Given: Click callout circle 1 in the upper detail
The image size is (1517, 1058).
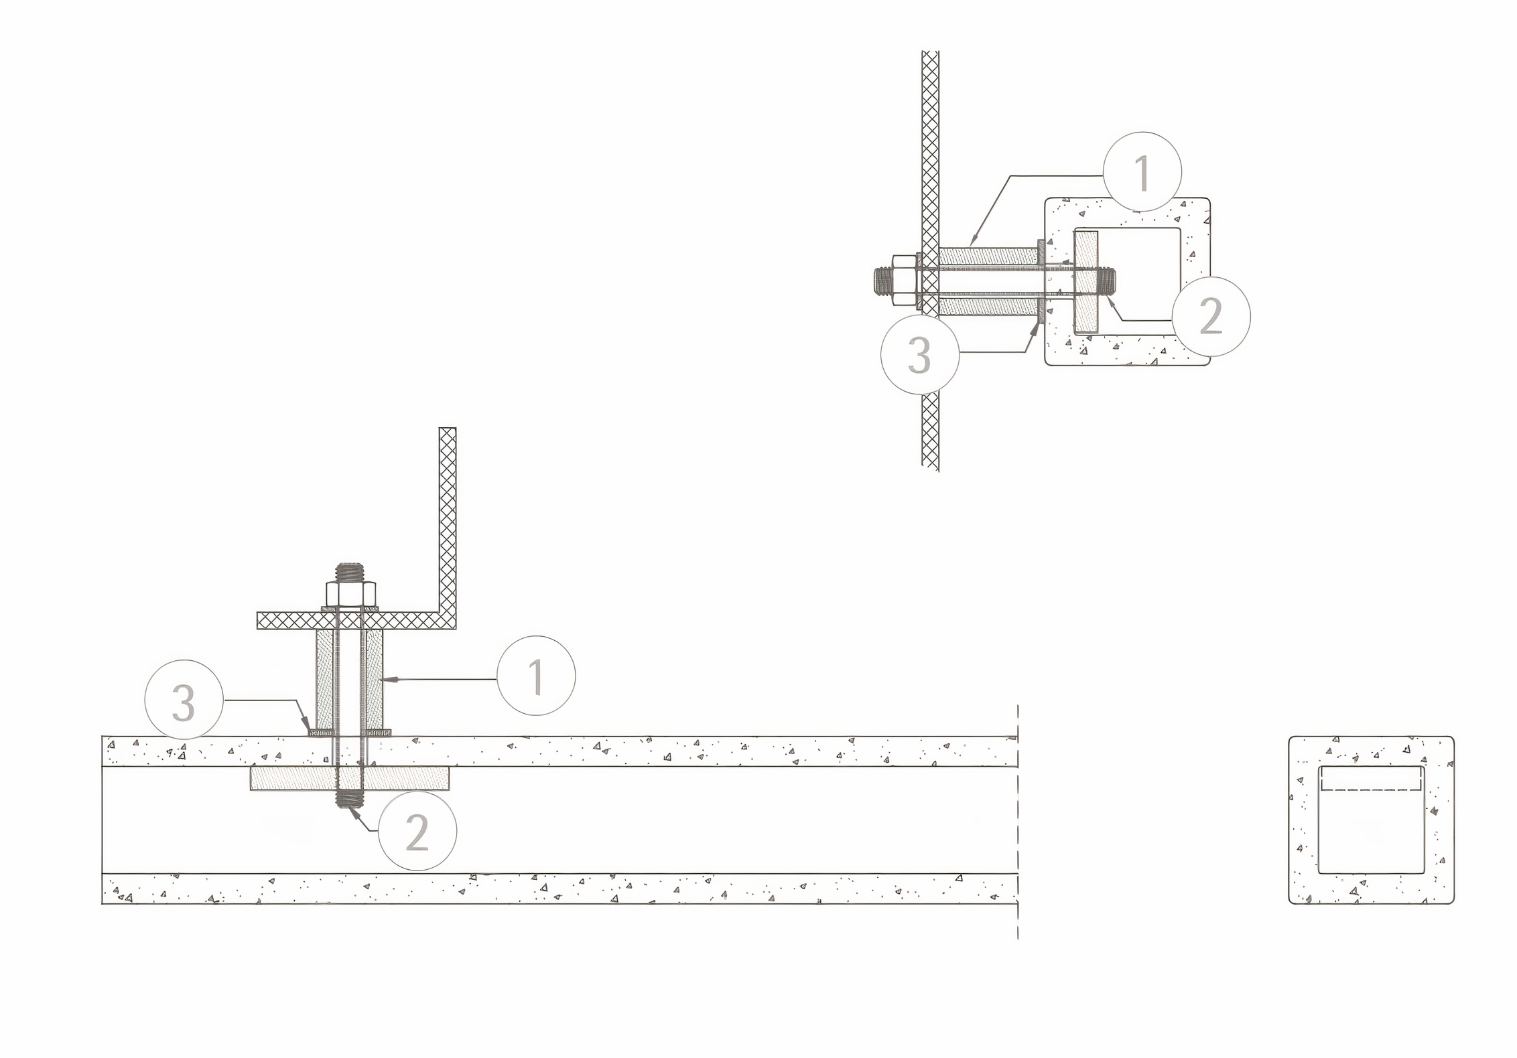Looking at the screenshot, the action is [1142, 172].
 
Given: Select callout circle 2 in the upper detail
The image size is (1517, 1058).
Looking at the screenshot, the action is [1211, 315].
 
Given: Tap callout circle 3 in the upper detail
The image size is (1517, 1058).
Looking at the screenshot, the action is [920, 355].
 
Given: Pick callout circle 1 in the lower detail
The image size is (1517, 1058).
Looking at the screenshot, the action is [536, 676].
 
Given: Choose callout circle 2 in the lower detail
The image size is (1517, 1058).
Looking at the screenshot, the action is [417, 832].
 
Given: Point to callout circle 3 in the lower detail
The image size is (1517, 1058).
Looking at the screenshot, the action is [184, 701].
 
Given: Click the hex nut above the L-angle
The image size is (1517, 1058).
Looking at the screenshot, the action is [351, 595].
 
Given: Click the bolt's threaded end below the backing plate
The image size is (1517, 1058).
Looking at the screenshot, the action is [350, 799].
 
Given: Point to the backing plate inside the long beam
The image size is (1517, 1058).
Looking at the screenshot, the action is [350, 778].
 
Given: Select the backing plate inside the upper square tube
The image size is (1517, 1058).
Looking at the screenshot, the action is [1087, 281].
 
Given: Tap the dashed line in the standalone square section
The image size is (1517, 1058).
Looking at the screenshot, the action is [1371, 790].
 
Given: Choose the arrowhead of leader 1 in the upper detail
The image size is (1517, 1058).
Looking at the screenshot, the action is [975, 238].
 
